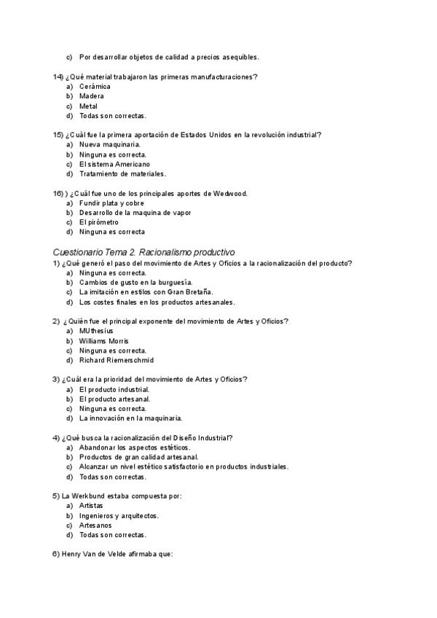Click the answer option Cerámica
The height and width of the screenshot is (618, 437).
(x=95, y=86)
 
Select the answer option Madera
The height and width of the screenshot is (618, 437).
(x=92, y=96)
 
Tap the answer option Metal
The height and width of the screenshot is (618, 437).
(x=88, y=106)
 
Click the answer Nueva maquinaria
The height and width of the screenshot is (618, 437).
(x=110, y=144)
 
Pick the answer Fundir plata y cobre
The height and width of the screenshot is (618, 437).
(x=111, y=203)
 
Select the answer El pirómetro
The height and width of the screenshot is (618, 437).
(x=98, y=222)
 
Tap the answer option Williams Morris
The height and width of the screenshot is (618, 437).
(x=104, y=340)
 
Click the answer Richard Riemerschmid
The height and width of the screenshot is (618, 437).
(x=117, y=360)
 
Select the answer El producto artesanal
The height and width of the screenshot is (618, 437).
(x=115, y=399)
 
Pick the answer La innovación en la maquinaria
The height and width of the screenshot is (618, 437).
(x=131, y=418)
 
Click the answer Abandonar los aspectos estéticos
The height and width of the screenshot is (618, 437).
(x=134, y=447)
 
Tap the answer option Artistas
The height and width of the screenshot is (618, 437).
(x=91, y=506)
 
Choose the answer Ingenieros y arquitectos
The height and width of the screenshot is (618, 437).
(x=119, y=515)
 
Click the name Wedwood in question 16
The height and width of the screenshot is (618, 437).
(x=231, y=193)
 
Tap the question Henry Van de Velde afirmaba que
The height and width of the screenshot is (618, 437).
(x=117, y=554)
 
